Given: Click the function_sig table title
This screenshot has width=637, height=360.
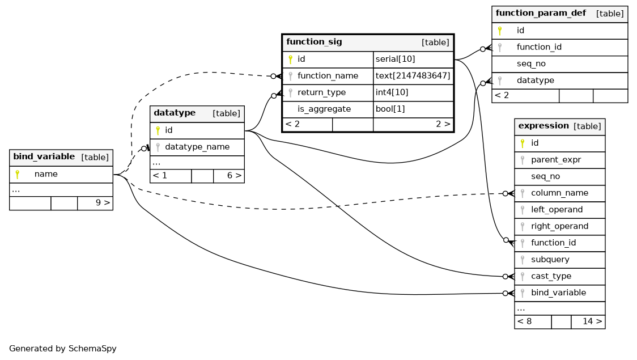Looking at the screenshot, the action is coord(314,42).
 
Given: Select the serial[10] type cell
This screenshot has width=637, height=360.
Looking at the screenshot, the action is coord(413,60).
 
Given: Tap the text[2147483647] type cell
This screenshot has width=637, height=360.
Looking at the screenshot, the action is coord(413,76).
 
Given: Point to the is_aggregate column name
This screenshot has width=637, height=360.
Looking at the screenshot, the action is coord(324,109).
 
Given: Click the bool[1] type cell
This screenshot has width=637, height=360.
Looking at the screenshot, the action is coord(413,109).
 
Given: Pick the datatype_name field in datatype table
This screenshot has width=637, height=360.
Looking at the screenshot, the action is coord(197,147).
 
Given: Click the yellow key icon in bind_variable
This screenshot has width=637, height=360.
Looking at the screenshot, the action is coord(18,174).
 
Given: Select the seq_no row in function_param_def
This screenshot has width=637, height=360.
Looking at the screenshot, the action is coord(560,64).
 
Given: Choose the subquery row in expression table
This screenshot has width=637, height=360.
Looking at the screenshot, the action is coord(560,260).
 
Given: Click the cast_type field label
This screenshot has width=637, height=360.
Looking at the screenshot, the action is coord(551,276).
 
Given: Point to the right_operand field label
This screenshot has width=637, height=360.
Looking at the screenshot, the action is coord(559,226).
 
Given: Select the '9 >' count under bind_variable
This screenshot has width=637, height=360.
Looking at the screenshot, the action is coord(103,202).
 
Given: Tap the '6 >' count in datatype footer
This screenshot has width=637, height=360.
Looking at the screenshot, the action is coord(234,176).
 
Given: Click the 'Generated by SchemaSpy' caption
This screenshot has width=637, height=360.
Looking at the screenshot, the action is coord(62,349).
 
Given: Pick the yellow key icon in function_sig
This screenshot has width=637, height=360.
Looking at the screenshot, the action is coord(291,60).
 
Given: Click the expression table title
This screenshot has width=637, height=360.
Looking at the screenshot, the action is coord(543,126).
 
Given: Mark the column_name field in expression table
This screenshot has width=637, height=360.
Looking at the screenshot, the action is coord(559,193).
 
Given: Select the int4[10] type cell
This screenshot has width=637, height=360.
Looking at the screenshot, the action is coord(413,92).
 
